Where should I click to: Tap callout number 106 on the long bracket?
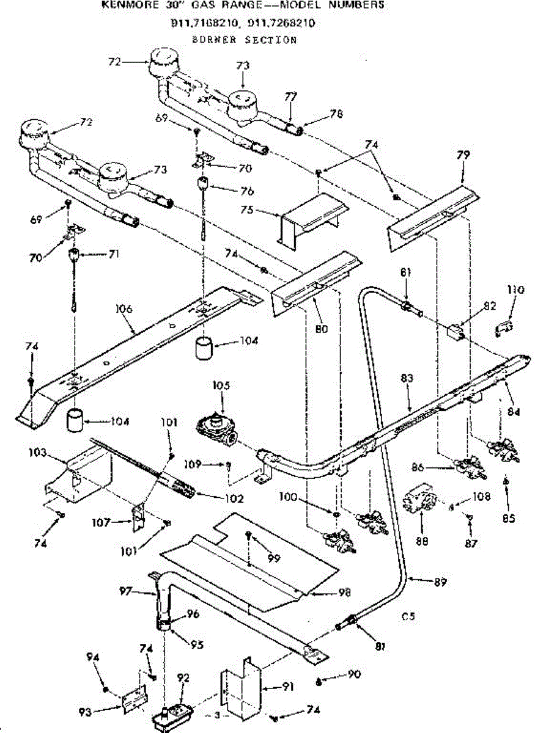pyautogui.click(x=124, y=310)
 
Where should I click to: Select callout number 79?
pyautogui.click(x=463, y=155)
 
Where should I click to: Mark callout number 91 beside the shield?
pyautogui.click(x=286, y=687)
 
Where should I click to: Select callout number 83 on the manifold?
pyautogui.click(x=407, y=379)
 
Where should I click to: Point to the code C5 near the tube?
pyautogui.click(x=408, y=617)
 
